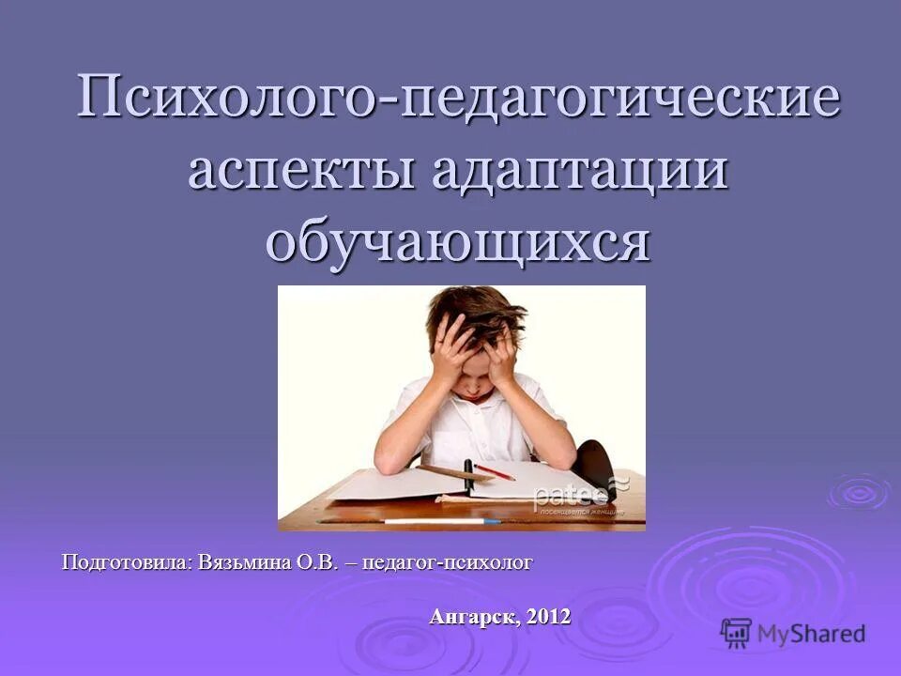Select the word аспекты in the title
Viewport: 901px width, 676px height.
tap(298, 172)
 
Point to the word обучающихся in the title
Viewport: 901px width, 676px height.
tap(458, 242)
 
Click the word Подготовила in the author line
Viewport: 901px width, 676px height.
tap(127, 562)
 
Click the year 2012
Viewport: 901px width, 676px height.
tap(549, 617)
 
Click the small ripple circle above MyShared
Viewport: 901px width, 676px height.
tap(857, 491)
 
